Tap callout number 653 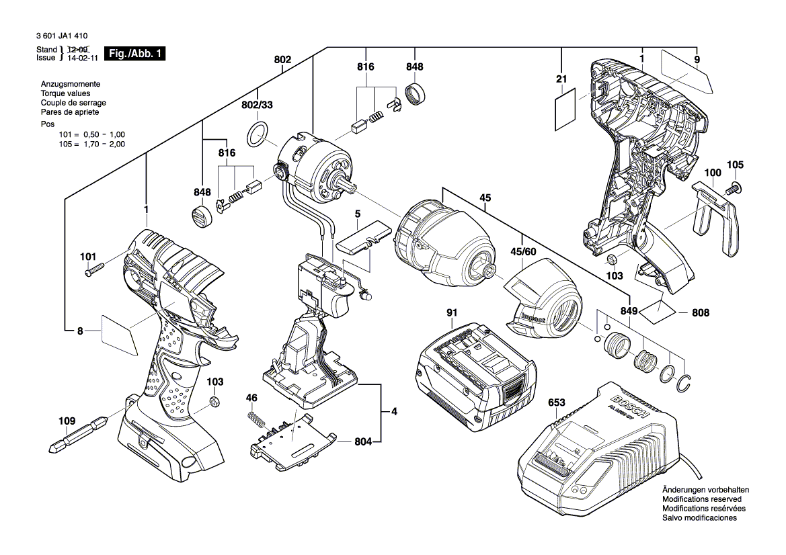557,403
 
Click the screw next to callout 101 95,270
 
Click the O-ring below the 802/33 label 258,134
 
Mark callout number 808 701,312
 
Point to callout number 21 561,79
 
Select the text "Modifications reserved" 702,500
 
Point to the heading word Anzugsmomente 71,84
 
